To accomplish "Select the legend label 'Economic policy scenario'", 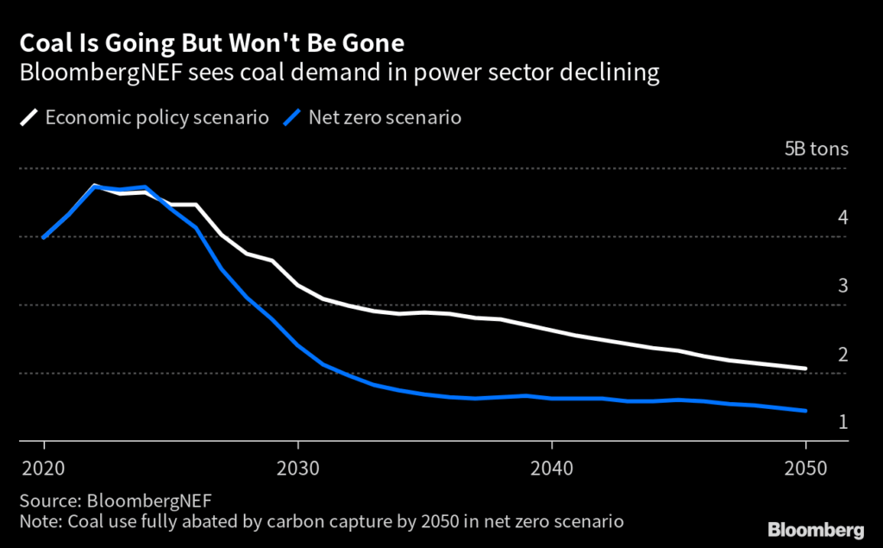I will coord(156,117).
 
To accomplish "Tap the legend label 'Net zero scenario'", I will coord(385,117).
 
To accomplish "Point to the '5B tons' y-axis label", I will coord(816,148).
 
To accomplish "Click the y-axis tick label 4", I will coord(842,217).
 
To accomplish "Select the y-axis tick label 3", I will coord(842,286).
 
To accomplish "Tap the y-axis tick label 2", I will coord(842,355).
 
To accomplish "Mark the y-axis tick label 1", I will coord(842,422).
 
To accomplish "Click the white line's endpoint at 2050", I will coord(806,368).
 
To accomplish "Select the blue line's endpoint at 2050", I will coord(806,411).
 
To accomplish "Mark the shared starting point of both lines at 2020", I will coord(43,237).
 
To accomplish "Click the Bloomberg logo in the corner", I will coord(815,528).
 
